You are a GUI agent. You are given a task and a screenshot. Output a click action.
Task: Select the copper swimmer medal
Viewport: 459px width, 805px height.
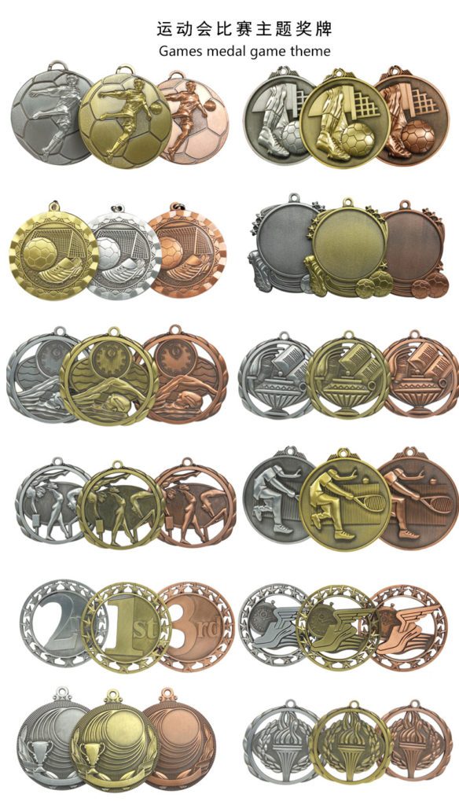tap(185, 375)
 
